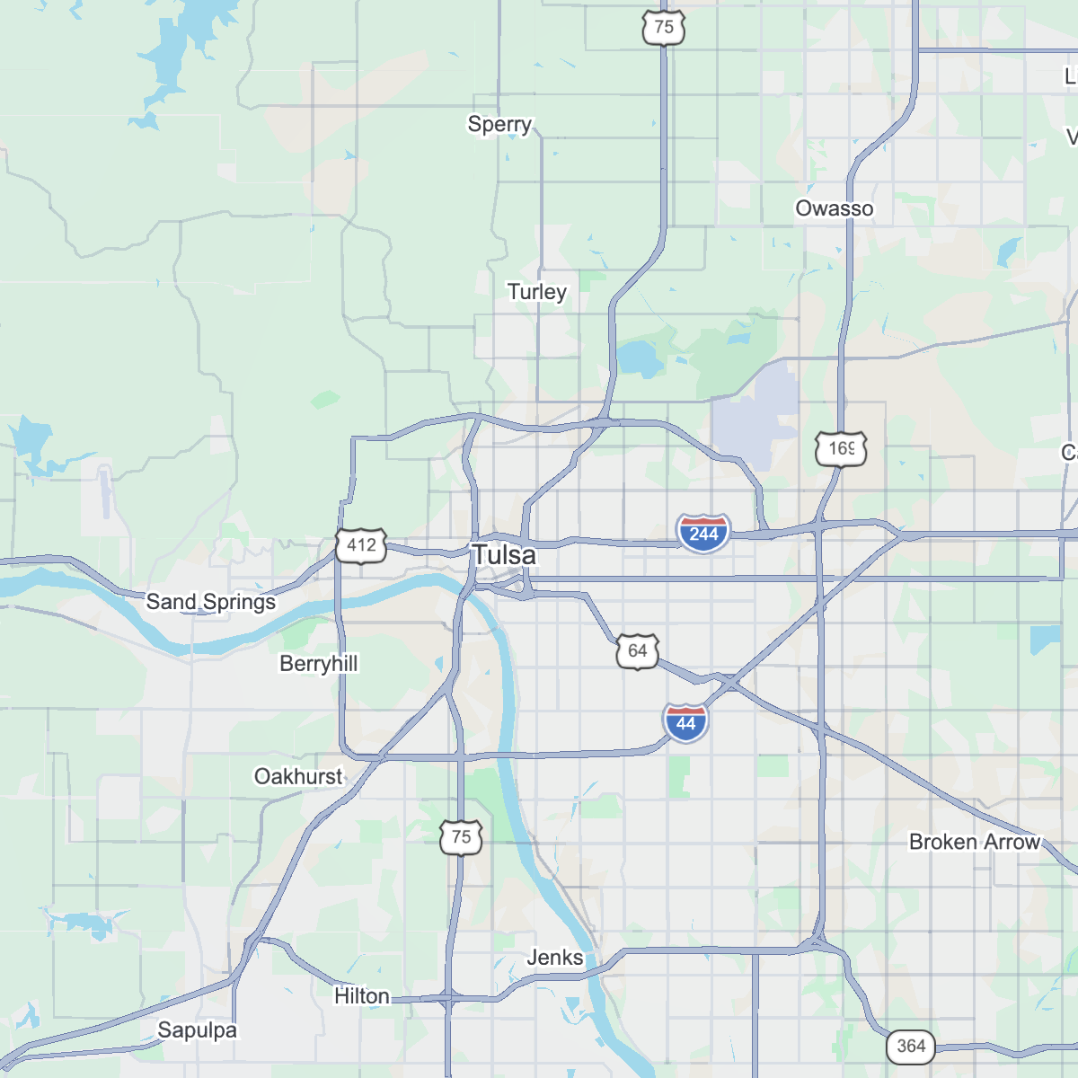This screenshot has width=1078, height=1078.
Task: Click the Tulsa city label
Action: (x=504, y=555)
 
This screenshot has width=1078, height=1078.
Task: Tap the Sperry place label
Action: (x=499, y=124)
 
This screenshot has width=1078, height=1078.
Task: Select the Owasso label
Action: (x=834, y=208)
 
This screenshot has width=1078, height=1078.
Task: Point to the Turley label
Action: (x=536, y=292)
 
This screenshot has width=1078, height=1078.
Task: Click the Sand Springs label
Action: (x=211, y=602)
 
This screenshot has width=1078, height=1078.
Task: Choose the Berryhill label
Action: (x=318, y=664)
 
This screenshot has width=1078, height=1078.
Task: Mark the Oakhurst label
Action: (x=298, y=776)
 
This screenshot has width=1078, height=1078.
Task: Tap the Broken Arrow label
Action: (x=974, y=842)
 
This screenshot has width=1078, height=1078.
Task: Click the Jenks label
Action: (x=554, y=958)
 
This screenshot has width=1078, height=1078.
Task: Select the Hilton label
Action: (x=362, y=996)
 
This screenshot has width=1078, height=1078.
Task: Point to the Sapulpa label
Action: (x=197, y=1030)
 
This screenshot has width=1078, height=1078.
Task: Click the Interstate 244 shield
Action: (x=703, y=534)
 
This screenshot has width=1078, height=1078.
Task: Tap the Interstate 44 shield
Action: (x=685, y=722)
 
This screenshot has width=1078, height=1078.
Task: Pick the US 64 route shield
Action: (x=637, y=650)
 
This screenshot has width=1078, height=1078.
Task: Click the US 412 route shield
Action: (x=361, y=545)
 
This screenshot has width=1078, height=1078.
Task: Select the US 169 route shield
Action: (x=841, y=448)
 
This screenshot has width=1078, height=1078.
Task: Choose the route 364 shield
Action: (x=910, y=1046)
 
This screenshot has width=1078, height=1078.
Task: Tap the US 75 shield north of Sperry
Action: (x=664, y=27)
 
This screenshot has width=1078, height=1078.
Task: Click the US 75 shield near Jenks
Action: (x=461, y=837)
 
